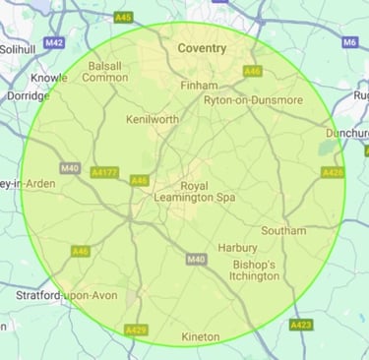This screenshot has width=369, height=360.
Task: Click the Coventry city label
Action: [201, 48]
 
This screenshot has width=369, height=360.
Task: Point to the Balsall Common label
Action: [108, 72]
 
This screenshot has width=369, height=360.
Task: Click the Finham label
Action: [201, 86]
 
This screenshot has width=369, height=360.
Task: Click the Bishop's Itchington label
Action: [256, 270]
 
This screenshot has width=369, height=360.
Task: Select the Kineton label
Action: [201, 337]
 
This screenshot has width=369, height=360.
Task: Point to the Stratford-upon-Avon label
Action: [66, 294]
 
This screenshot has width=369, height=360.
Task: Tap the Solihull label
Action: [16, 48]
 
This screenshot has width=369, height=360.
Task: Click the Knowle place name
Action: [49, 77]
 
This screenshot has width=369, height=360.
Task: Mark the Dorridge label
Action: [27, 95]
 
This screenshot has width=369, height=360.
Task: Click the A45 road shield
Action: [123, 17]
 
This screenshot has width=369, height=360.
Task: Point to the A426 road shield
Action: [333, 172]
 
